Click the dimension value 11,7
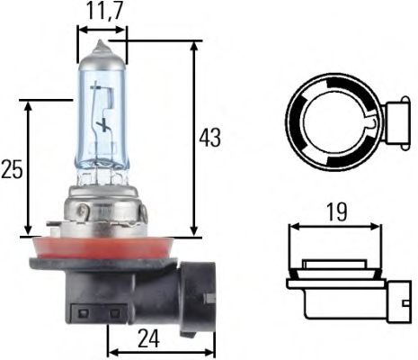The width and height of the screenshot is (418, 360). (103, 13)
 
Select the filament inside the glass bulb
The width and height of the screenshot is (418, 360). (103, 126)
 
